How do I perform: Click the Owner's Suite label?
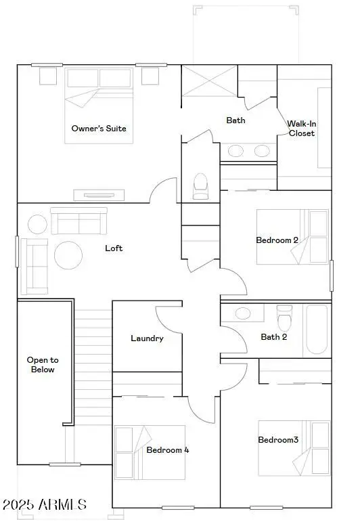[x=99, y=128]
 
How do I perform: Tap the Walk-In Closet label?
[x=301, y=128]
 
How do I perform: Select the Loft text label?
[x=114, y=248]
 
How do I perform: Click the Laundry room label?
[x=147, y=338]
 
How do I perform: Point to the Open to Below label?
[x=41, y=365]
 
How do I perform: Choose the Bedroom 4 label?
[x=167, y=449]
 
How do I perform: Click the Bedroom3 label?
[x=278, y=440]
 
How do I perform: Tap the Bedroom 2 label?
[x=277, y=240]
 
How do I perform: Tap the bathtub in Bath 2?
[x=317, y=329]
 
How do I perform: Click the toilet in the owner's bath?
[x=200, y=186]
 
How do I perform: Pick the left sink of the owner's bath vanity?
[x=236, y=151]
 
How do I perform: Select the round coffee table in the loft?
[x=68, y=255]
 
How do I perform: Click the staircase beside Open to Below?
[x=92, y=366]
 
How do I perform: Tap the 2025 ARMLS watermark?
[x=44, y=504]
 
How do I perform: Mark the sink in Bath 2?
[x=242, y=313]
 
